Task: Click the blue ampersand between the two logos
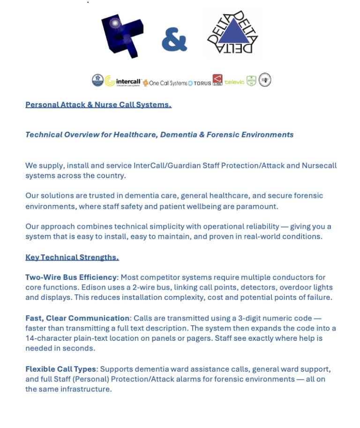174,39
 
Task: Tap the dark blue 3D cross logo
122,36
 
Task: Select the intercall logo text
128,82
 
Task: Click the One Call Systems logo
165,83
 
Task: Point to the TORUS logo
200,83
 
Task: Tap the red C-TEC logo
217,80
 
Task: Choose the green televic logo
234,82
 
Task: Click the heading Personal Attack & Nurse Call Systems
98,105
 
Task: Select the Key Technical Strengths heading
72,257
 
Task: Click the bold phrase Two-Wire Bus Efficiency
71,278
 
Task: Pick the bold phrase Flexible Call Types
60,369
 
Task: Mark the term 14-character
50,338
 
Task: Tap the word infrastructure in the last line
86,389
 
